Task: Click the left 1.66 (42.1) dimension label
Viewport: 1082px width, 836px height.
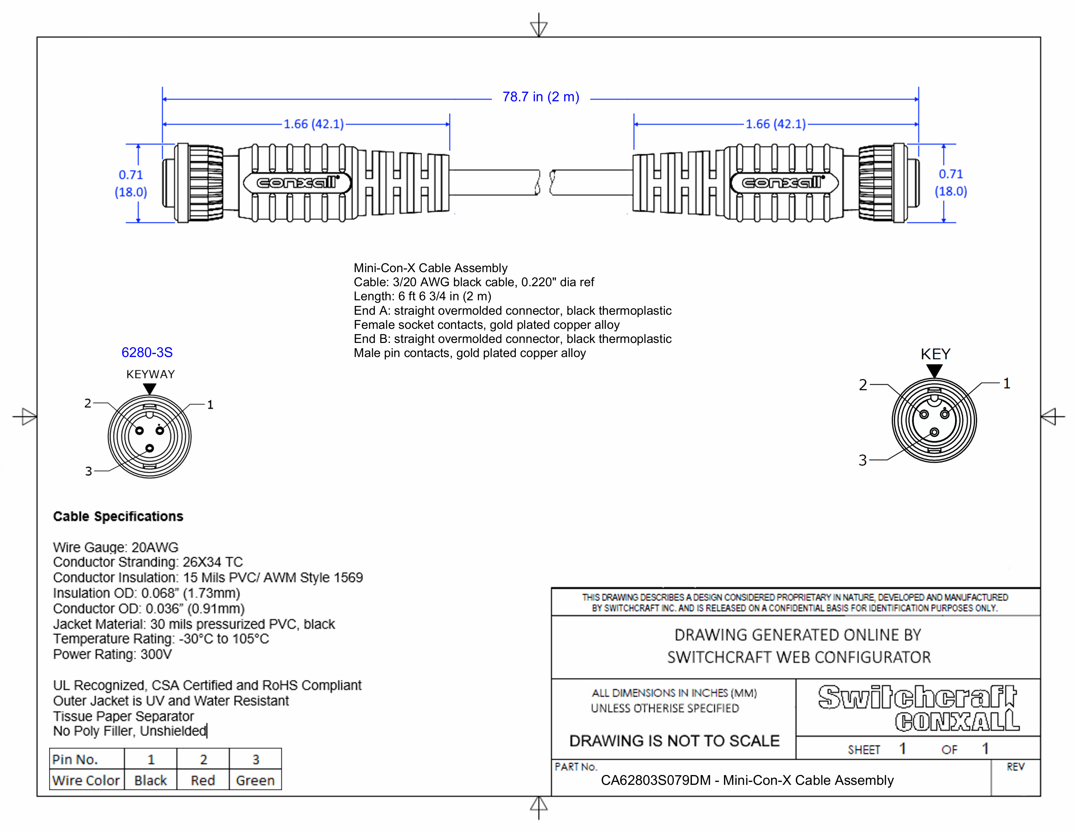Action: click(313, 124)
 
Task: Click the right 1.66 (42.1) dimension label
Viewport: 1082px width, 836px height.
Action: click(775, 124)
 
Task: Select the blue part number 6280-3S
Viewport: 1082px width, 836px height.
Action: click(147, 353)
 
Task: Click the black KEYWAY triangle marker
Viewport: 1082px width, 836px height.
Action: click(150, 389)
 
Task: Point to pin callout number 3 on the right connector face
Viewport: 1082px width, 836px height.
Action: click(863, 460)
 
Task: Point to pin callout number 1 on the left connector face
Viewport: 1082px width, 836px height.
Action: click(210, 405)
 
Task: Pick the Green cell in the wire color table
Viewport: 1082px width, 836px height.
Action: click(255, 781)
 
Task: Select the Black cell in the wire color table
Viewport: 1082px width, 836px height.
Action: click(150, 781)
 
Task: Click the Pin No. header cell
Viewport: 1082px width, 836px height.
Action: click(75, 759)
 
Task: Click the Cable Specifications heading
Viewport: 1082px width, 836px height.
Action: click(118, 517)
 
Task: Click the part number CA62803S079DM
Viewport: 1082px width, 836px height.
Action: click(655, 781)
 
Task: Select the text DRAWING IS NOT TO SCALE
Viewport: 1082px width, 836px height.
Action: click(674, 741)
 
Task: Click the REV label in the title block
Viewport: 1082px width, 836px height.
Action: click(1015, 767)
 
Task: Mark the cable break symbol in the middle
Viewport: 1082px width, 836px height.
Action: click(545, 182)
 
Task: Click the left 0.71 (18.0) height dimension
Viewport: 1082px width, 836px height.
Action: click(131, 183)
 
